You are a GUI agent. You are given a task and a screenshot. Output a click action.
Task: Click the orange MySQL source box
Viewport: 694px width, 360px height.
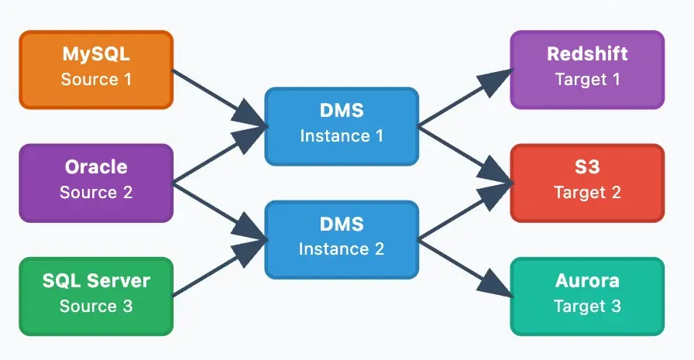pyautogui.click(x=96, y=69)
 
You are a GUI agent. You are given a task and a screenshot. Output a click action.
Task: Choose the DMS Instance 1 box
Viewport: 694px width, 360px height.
pyautogui.click(x=342, y=125)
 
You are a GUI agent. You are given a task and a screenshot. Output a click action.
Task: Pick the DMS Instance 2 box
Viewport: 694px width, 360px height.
pyautogui.click(x=342, y=239)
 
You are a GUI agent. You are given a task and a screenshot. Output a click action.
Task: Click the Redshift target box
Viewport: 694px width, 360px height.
pyautogui.click(x=587, y=69)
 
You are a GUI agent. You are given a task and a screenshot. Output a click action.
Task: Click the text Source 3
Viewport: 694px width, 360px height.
pyautogui.click(x=96, y=306)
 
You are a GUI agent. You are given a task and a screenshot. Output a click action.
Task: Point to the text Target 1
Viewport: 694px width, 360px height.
pyautogui.click(x=587, y=79)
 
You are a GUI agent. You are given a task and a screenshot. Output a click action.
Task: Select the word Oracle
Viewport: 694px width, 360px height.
pyautogui.click(x=96, y=167)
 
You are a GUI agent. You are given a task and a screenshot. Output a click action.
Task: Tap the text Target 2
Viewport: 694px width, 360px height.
pyautogui.click(x=587, y=193)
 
